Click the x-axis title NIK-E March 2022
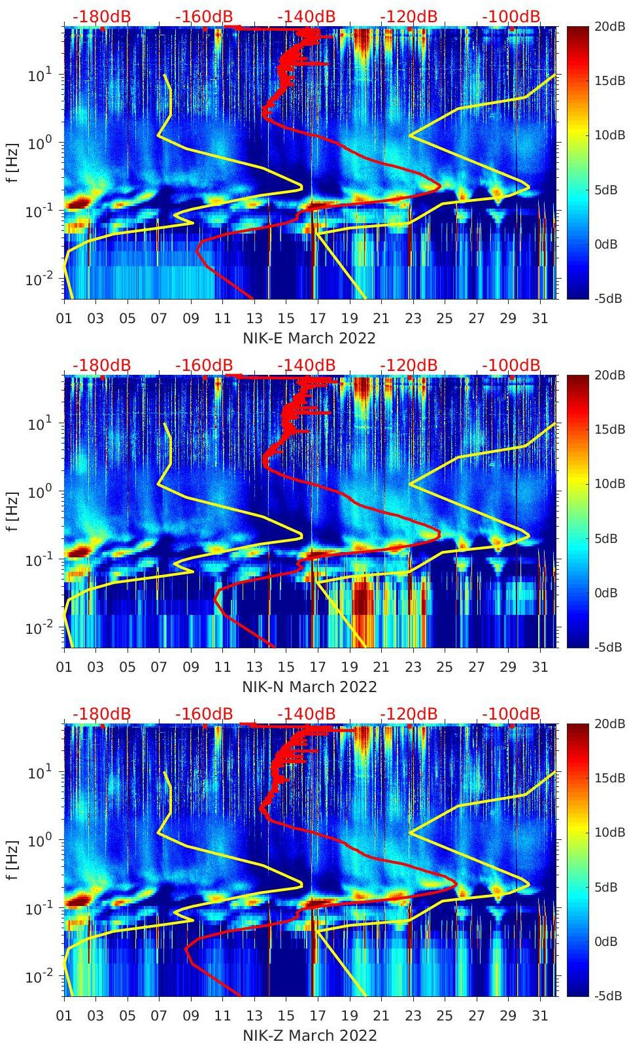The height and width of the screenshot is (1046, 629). click(x=309, y=338)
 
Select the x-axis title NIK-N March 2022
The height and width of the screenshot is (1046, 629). click(x=309, y=687)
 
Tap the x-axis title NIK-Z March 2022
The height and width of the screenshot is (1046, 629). click(x=309, y=1036)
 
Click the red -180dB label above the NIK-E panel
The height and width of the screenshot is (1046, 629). click(x=101, y=16)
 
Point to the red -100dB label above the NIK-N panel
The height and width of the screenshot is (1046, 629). click(x=511, y=365)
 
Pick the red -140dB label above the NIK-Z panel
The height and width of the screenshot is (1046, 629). click(x=306, y=714)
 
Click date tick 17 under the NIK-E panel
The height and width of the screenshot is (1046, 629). click(x=318, y=319)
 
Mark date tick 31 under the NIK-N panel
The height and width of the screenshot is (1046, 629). click(x=539, y=667)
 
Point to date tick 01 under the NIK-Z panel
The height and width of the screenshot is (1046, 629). click(x=65, y=1016)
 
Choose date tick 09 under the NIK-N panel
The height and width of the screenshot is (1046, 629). click(x=191, y=667)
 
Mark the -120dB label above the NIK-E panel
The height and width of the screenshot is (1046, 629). click(x=409, y=16)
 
